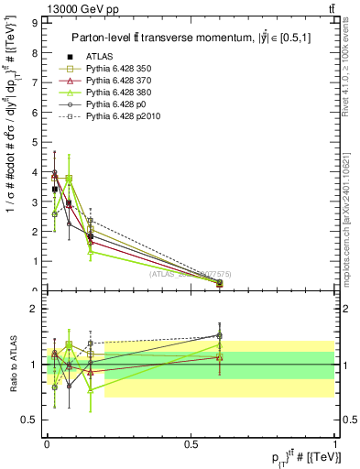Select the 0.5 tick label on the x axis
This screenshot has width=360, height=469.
[191, 443]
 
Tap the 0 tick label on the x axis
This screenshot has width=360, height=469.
[46, 443]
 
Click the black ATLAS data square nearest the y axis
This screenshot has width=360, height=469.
[55, 190]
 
